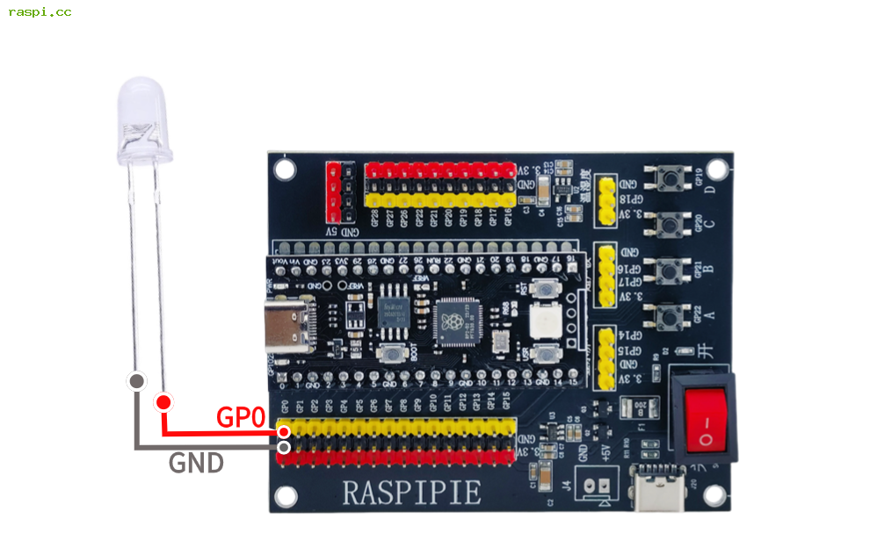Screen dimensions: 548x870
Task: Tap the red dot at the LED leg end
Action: coord(163,402)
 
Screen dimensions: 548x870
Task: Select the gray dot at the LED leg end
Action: coord(136,381)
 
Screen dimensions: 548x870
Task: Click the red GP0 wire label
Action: coord(241,418)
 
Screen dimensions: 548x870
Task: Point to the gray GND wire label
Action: coord(196,463)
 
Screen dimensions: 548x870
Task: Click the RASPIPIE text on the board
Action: coord(411,492)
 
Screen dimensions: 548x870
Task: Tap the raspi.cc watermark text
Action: coord(40,12)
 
